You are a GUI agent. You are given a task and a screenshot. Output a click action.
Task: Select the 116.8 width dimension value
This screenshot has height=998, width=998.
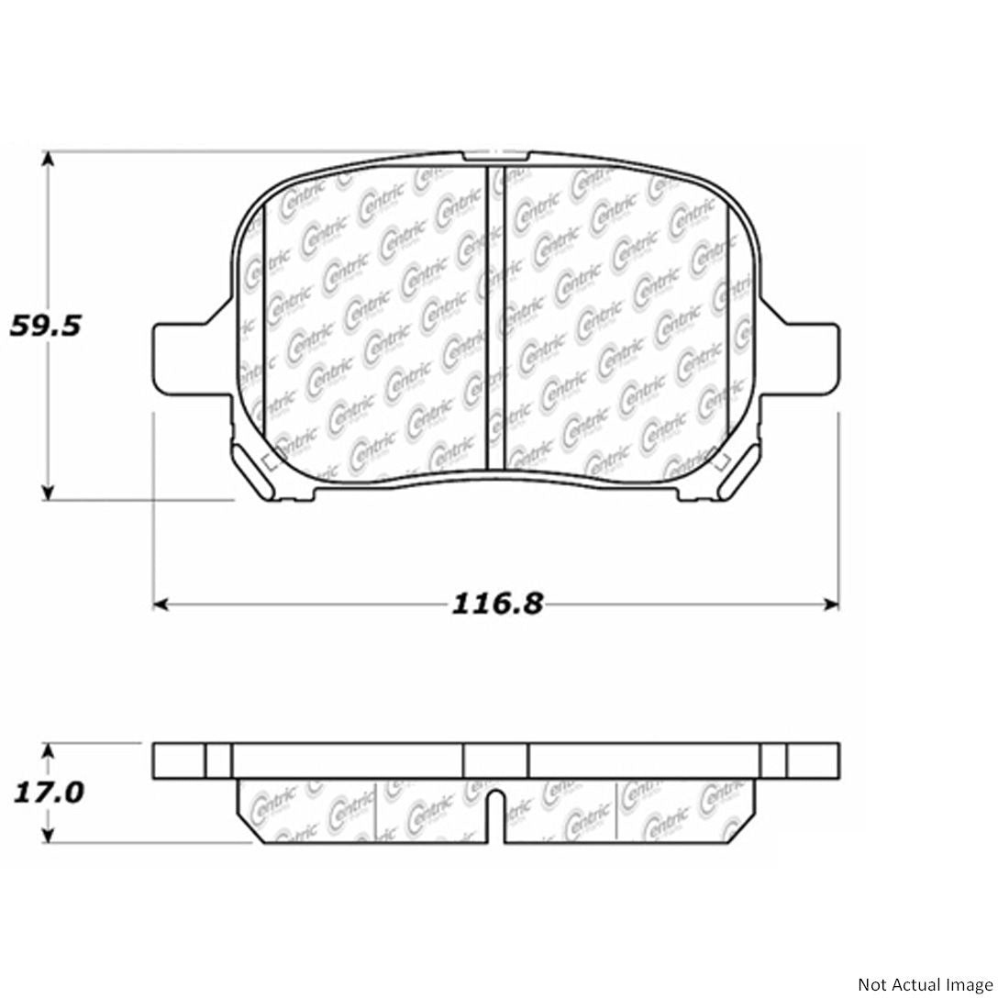[x=497, y=604]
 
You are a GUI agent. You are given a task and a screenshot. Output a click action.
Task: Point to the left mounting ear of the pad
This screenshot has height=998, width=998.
[x=187, y=358]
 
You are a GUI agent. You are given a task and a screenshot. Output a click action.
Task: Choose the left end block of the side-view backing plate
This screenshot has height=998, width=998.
[x=179, y=760]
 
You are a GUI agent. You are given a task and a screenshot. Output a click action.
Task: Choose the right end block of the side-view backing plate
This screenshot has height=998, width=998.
[x=813, y=760]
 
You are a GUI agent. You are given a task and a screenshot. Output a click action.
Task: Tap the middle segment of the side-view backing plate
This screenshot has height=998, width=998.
[x=495, y=760]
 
